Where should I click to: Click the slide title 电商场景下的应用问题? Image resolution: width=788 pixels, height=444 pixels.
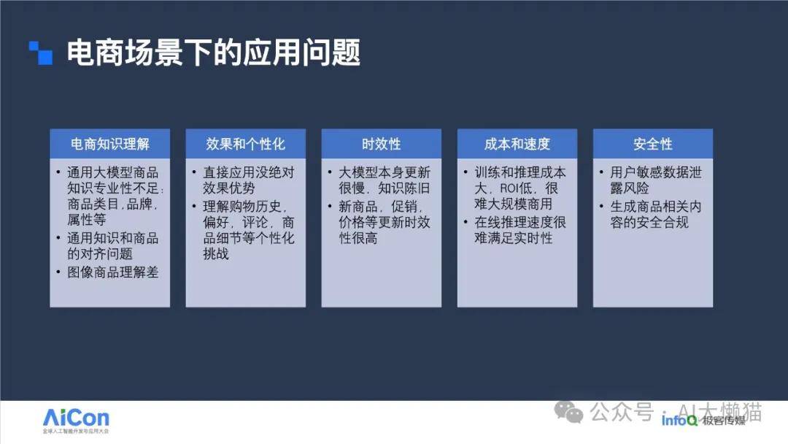(x=214, y=53)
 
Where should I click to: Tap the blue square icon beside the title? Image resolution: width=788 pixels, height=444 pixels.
(x=41, y=53)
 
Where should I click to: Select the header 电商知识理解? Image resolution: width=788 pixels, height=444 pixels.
(x=110, y=145)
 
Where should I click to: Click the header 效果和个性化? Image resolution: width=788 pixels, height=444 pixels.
(x=245, y=145)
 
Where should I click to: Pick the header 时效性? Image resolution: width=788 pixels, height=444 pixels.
(x=382, y=145)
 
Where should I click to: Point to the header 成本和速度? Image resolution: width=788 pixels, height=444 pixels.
(x=517, y=145)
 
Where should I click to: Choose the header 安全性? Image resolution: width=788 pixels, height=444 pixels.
(x=653, y=145)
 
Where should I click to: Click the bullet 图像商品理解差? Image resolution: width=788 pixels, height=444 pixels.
(x=112, y=272)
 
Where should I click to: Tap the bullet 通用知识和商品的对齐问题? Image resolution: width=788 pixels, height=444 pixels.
(x=112, y=245)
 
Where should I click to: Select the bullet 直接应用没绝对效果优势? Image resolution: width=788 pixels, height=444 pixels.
(x=248, y=180)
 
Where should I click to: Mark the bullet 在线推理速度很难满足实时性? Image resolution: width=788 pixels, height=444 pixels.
(x=520, y=230)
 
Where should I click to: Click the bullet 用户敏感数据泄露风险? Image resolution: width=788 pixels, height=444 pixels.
(x=656, y=180)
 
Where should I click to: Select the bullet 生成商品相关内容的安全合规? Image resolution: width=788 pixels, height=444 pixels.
(x=656, y=214)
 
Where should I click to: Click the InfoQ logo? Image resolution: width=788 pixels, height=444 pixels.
(x=679, y=421)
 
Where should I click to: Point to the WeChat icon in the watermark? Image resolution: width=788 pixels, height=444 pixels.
(x=568, y=412)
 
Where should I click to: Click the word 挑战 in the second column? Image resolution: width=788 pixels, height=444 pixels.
(x=215, y=254)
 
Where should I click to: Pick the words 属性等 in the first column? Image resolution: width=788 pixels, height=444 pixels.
(x=86, y=220)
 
